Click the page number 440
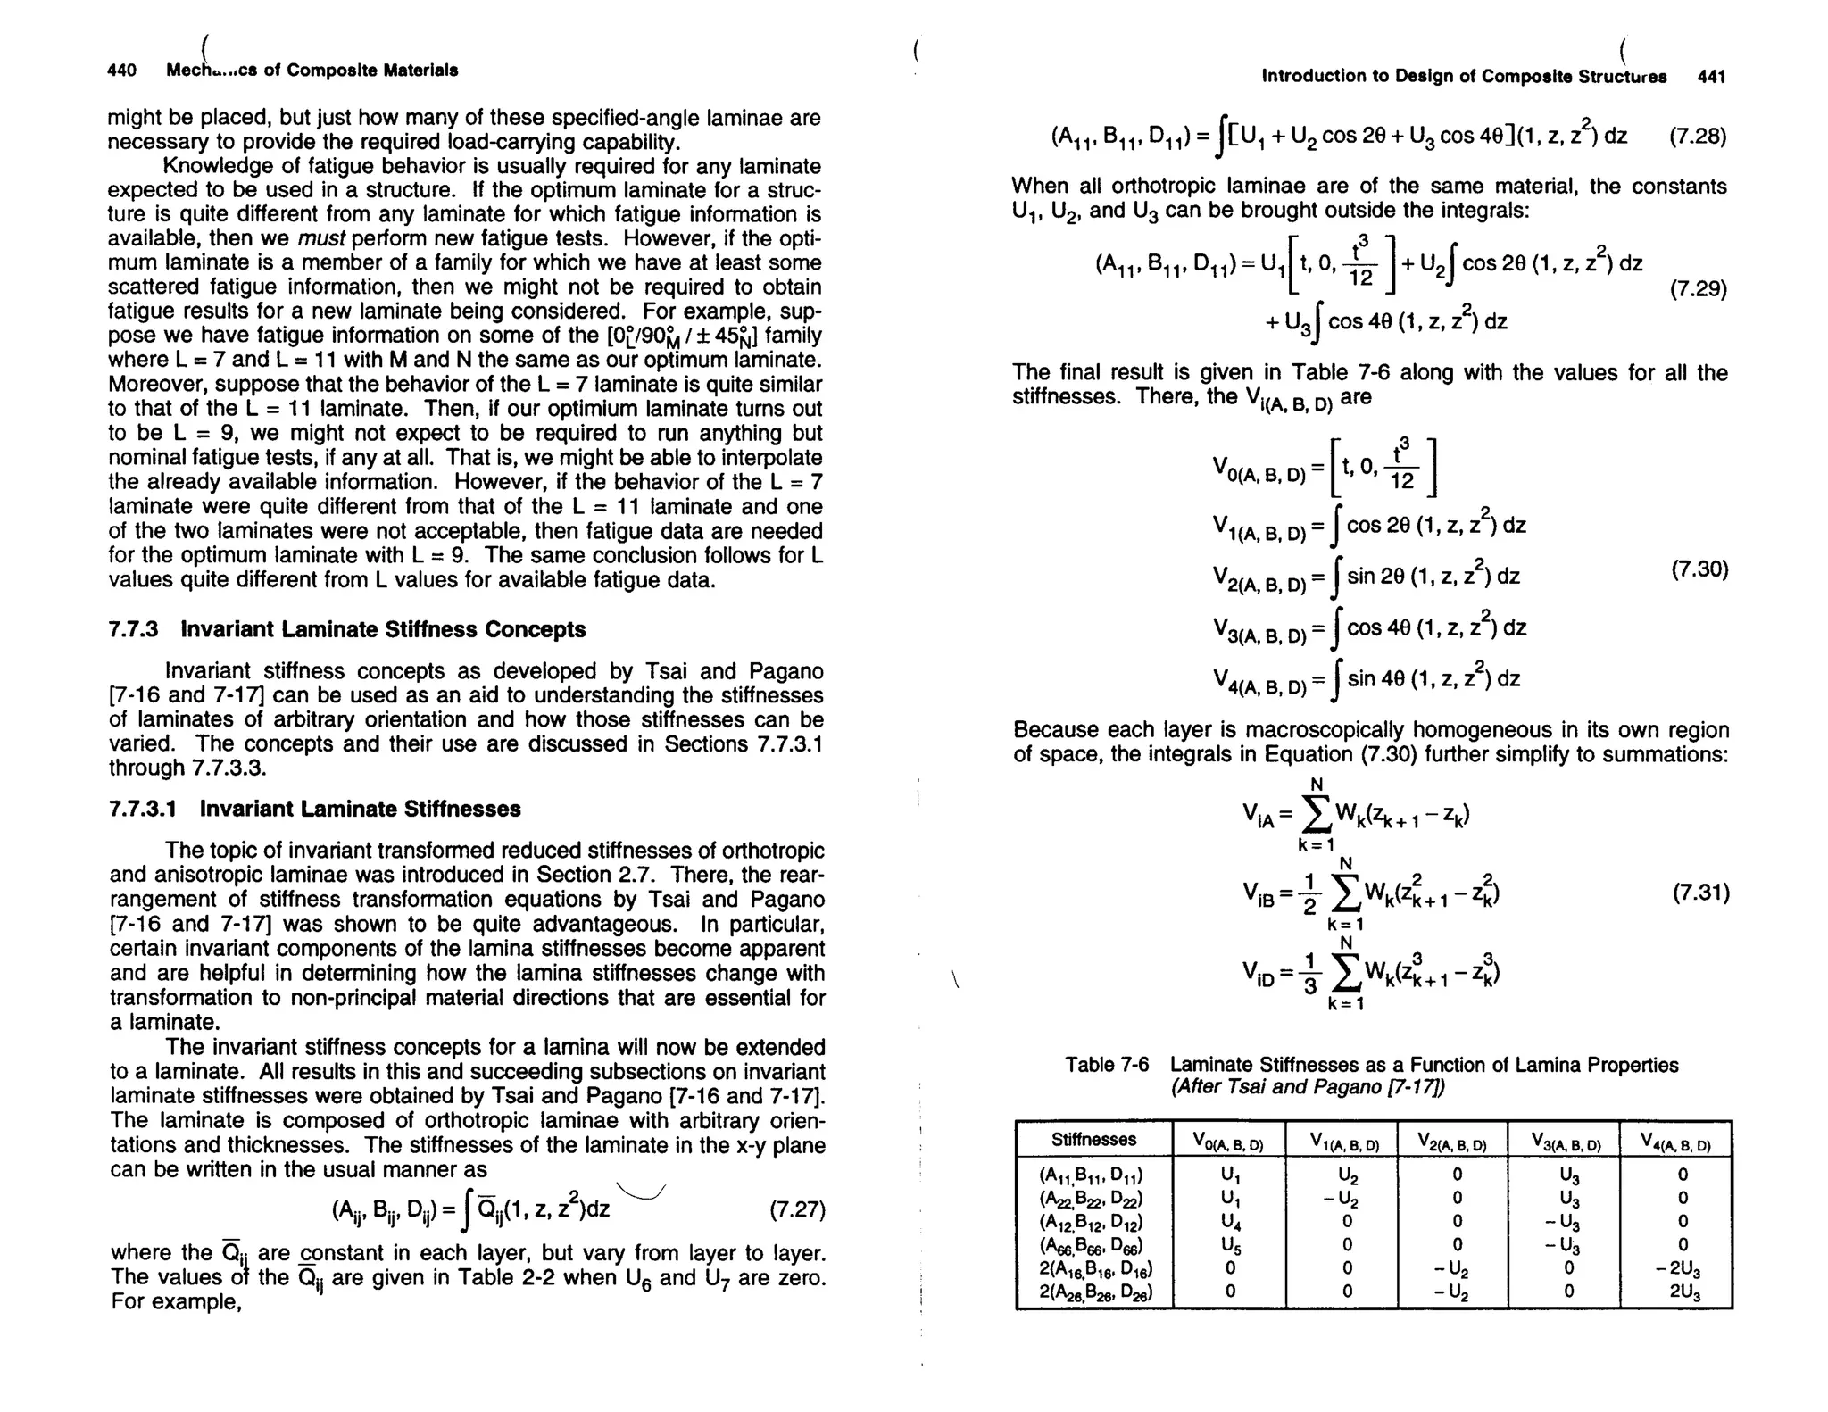click(x=121, y=71)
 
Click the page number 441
click(x=1711, y=77)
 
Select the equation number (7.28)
click(x=1697, y=137)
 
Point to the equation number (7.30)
click(x=1699, y=569)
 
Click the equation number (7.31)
click(x=1700, y=893)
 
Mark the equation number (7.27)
click(x=796, y=1210)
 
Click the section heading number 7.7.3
click(x=133, y=629)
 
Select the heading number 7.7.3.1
click(x=143, y=809)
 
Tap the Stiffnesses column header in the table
click(x=1093, y=1140)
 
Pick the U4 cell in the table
click(x=1229, y=1221)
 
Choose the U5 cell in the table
click(x=1229, y=1244)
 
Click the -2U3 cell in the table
click(x=1675, y=1268)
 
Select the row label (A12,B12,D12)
click(x=1092, y=1221)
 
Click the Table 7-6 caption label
click(x=1106, y=1065)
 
